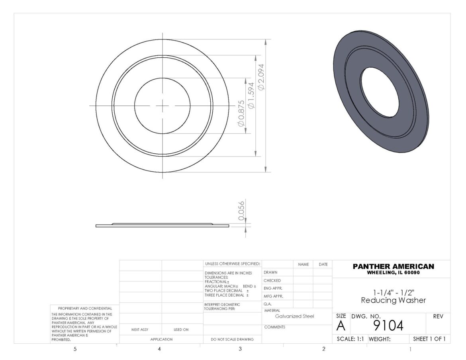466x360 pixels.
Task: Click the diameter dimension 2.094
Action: point(261,76)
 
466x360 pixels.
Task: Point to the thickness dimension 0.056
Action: point(241,211)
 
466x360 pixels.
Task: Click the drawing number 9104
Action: point(388,326)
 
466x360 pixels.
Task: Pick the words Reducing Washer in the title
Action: point(393,301)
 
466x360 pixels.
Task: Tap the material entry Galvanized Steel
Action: point(294,316)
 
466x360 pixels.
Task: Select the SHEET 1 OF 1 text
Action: point(429,339)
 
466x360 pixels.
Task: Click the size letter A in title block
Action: point(341,326)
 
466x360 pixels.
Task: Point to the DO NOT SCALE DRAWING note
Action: point(232,340)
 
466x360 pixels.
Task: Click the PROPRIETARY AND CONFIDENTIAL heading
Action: point(85,308)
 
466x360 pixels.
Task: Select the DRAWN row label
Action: point(270,272)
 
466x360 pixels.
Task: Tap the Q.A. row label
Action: point(268,304)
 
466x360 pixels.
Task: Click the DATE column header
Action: point(323,264)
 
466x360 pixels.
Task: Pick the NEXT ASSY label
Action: point(139,330)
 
